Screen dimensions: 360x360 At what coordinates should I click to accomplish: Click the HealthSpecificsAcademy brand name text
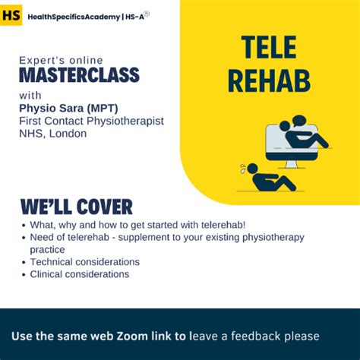[73, 16]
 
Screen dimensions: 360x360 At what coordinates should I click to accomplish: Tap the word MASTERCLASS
[79, 75]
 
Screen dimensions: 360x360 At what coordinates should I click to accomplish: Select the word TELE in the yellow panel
[269, 49]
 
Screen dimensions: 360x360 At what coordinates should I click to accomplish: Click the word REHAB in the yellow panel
[269, 80]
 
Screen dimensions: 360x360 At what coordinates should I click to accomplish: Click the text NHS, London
[52, 134]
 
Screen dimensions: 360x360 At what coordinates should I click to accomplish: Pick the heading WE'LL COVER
[76, 207]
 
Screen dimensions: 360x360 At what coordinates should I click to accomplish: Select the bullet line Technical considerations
[84, 262]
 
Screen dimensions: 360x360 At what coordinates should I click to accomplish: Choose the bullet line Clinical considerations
[79, 274]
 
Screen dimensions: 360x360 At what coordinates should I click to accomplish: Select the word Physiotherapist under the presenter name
[122, 121]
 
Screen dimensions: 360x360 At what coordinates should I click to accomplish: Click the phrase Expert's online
[61, 60]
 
